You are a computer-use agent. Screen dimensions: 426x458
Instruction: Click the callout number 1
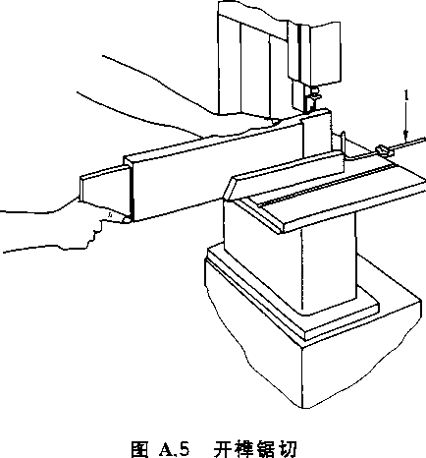(406, 96)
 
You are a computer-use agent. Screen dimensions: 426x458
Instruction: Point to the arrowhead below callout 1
(406, 136)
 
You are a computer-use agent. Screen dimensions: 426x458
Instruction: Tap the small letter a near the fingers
(111, 215)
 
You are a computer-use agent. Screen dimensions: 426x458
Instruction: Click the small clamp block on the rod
(384, 150)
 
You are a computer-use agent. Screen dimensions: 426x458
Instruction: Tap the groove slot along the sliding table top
(327, 186)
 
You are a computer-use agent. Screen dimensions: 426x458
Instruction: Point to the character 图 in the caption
(139, 448)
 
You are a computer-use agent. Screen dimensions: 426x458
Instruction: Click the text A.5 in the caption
(174, 448)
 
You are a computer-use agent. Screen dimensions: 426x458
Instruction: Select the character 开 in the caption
(222, 448)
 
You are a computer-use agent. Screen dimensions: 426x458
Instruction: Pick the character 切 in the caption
(289, 448)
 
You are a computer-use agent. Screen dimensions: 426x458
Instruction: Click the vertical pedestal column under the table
(328, 262)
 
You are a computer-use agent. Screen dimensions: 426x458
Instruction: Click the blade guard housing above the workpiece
(314, 52)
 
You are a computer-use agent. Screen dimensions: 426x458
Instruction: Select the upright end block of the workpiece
(316, 135)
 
